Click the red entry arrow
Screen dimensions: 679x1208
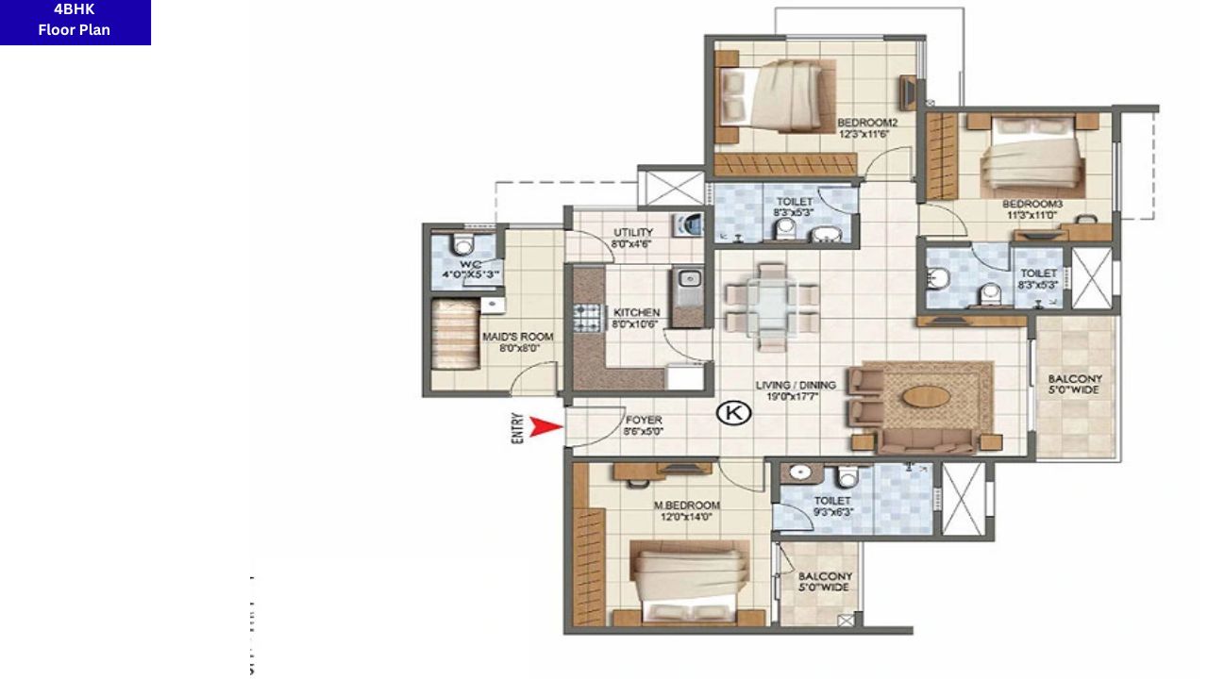point(545,427)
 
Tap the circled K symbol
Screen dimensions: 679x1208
point(732,412)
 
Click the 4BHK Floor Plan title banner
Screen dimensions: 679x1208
point(75,21)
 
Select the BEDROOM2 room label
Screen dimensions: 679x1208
point(866,123)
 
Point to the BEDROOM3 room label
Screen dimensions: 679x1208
point(1032,204)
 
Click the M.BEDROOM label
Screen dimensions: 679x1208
point(687,505)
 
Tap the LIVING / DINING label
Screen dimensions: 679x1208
point(795,385)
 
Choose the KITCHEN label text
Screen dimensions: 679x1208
point(636,313)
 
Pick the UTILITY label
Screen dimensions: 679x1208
point(632,232)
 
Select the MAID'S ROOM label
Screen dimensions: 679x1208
point(518,337)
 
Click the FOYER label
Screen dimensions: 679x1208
point(643,420)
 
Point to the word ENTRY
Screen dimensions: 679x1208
point(517,429)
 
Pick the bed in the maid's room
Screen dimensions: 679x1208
point(456,335)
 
